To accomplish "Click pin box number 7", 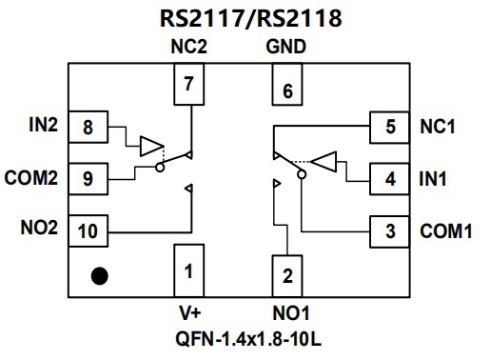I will point(189,84).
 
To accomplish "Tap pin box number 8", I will point(88,128).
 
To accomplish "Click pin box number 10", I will point(88,230).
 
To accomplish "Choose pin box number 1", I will point(189,272).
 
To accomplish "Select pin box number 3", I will point(390,230).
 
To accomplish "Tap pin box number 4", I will point(390,177).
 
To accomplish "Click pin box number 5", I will point(390,127).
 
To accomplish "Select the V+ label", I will point(189,313).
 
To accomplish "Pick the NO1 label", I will point(287,313).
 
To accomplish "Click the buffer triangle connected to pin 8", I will point(151,146).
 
